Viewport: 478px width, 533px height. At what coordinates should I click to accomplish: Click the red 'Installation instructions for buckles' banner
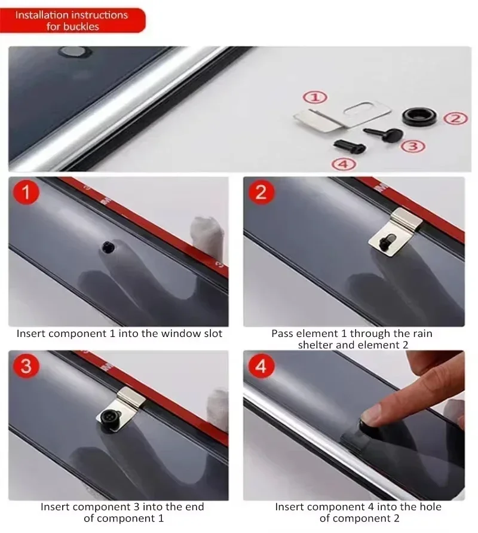72,20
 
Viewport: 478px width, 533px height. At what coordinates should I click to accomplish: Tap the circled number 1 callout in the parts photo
315,97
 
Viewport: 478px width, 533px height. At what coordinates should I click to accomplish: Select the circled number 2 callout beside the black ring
455,119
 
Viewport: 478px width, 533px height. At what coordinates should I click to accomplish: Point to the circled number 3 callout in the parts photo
413,146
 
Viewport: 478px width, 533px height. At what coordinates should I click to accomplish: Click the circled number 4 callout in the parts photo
344,164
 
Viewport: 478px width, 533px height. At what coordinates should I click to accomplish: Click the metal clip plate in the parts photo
343,115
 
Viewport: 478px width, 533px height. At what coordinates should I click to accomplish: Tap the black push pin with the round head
384,134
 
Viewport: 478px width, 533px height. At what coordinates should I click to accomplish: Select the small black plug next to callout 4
350,147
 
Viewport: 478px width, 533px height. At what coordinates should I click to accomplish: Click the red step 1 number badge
26,192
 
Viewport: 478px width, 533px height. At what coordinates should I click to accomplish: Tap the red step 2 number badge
261,192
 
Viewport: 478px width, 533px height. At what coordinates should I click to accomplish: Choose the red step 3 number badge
26,366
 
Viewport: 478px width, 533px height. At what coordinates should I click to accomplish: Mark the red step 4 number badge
261,366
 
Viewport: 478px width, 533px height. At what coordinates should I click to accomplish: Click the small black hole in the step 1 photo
108,247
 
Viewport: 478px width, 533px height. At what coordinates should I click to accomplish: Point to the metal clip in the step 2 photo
395,232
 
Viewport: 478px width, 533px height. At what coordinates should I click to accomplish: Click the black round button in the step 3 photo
108,419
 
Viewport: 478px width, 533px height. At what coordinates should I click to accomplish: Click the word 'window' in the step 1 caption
181,333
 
